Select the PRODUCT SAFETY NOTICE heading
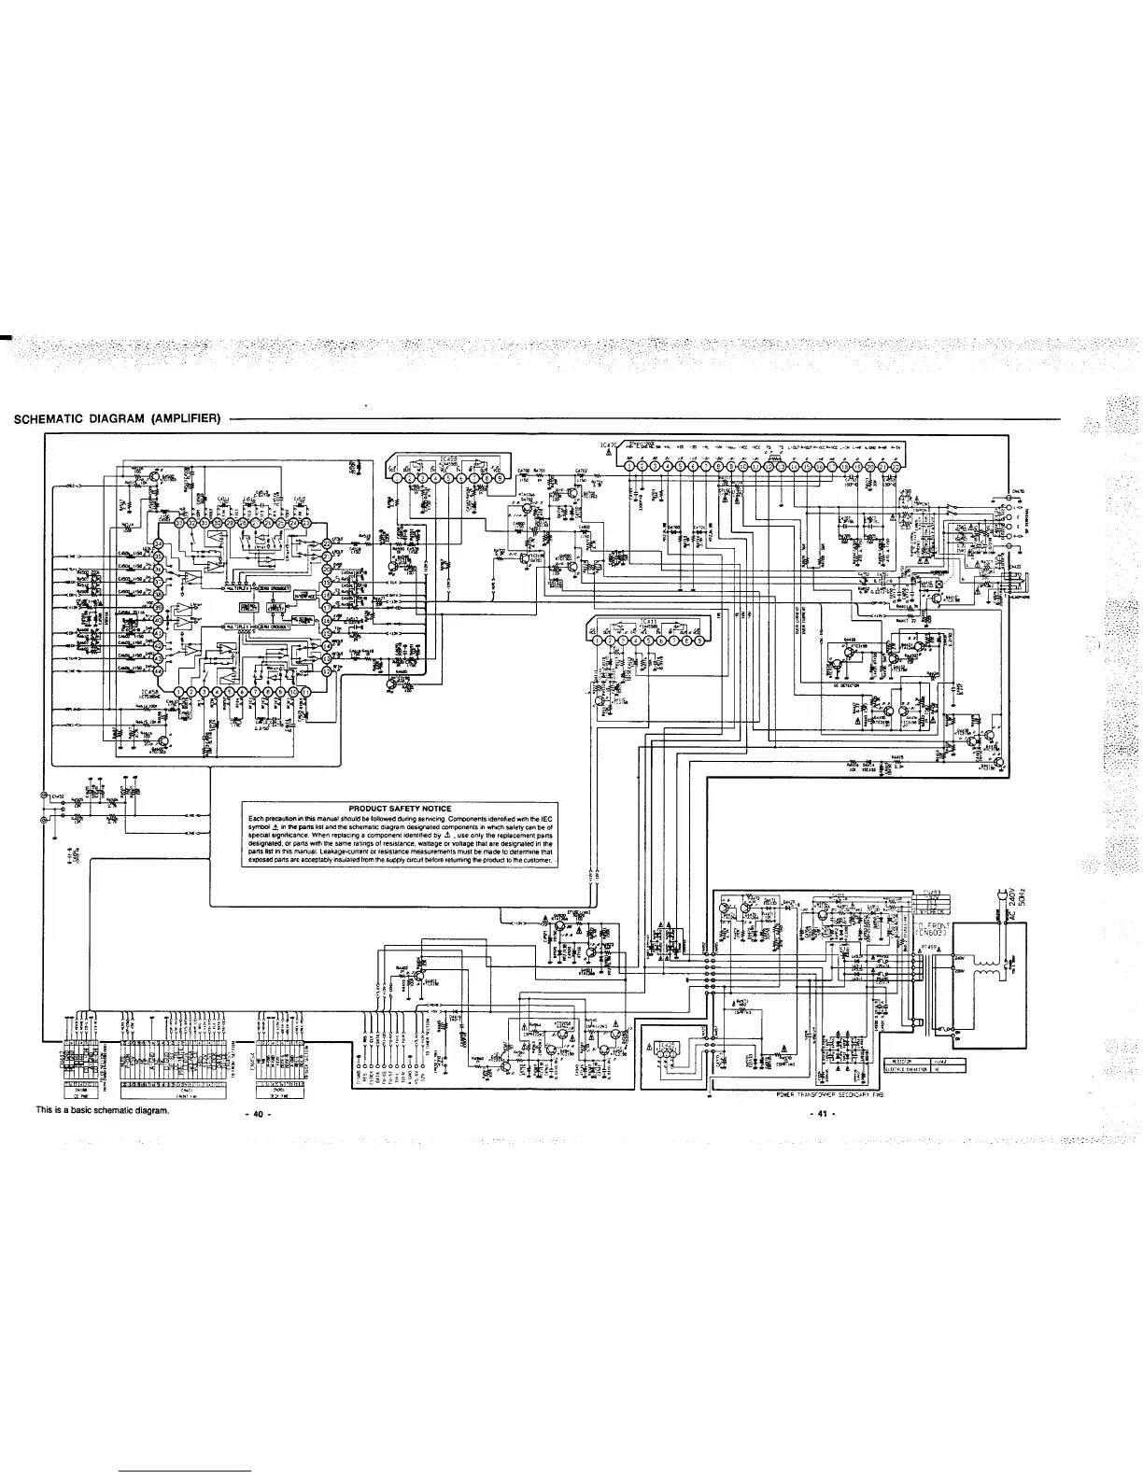click(399, 809)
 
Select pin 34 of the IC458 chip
click(158, 544)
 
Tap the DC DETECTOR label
click(845, 683)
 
